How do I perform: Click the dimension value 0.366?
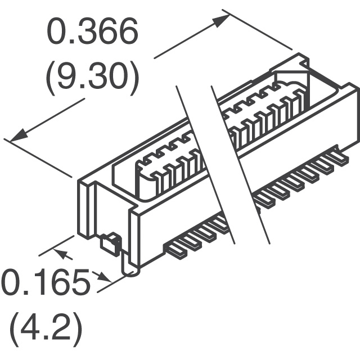click(x=92, y=31)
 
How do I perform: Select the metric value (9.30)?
click(x=92, y=78)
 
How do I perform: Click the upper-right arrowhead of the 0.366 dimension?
click(x=221, y=20)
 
